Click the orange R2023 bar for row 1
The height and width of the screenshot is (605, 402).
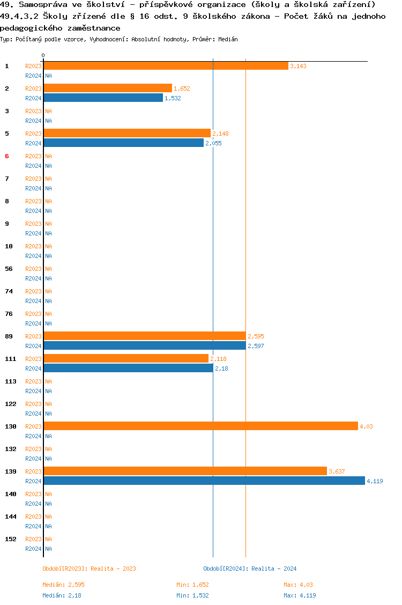tap(166, 65)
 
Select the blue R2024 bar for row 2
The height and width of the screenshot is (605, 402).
tap(103, 98)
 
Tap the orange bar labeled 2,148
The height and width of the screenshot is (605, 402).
tap(127, 133)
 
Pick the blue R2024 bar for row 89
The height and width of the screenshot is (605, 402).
tap(145, 345)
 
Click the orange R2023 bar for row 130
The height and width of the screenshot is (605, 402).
tap(200, 426)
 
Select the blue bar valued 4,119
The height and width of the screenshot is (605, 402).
tap(204, 481)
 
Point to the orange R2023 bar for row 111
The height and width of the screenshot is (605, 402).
tap(126, 358)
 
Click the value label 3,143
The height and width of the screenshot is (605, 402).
tap(298, 66)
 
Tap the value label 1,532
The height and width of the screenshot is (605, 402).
tap(173, 98)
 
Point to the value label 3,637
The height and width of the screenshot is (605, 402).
tap(337, 471)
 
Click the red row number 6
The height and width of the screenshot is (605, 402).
tap(7, 156)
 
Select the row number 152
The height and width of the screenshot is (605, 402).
tap(11, 538)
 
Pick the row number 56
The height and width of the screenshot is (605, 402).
tap(9, 268)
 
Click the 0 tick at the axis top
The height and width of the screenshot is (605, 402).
tap(43, 55)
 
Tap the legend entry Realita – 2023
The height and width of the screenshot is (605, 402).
tap(89, 569)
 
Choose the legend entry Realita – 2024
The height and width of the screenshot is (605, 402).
tap(250, 569)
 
